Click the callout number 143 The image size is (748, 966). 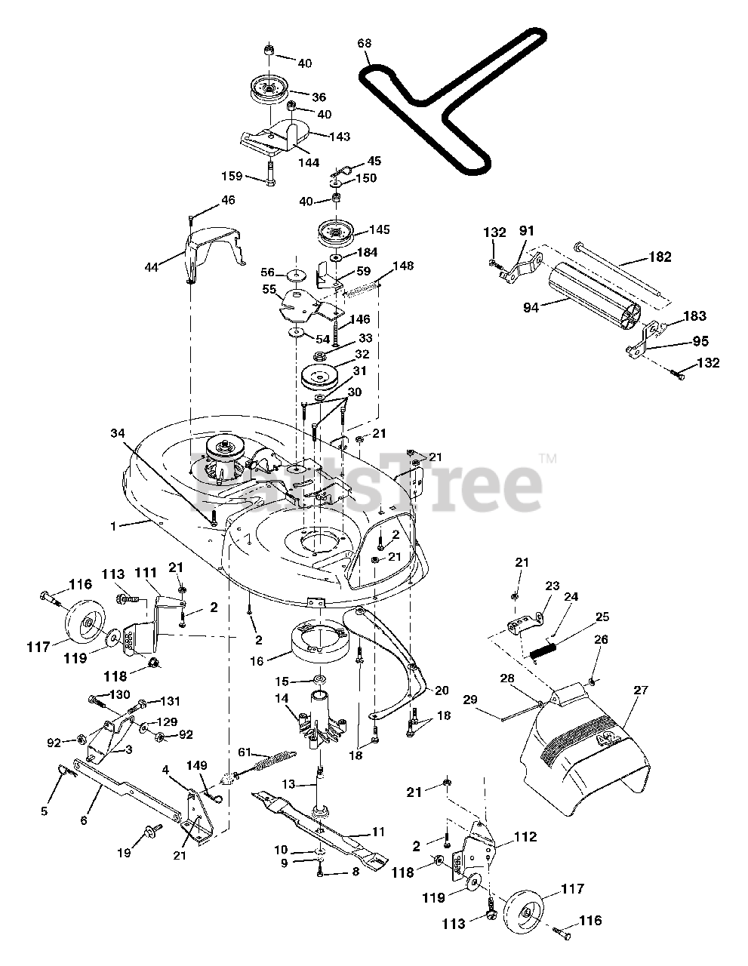point(340,137)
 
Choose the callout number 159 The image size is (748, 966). point(232,176)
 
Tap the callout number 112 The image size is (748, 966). point(525,837)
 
